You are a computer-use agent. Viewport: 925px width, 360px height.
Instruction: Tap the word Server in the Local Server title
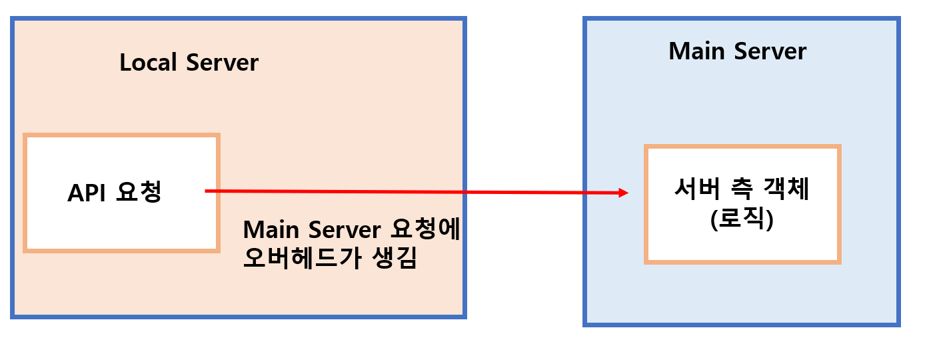222,63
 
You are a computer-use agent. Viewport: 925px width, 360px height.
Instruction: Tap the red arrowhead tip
628,193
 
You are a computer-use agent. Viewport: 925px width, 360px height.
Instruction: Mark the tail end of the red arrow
206,191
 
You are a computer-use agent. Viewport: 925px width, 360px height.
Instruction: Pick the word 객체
787,191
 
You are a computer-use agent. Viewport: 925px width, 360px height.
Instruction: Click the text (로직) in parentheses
742,221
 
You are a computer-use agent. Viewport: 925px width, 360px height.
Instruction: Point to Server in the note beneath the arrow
345,230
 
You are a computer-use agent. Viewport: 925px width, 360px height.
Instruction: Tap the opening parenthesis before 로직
714,221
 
